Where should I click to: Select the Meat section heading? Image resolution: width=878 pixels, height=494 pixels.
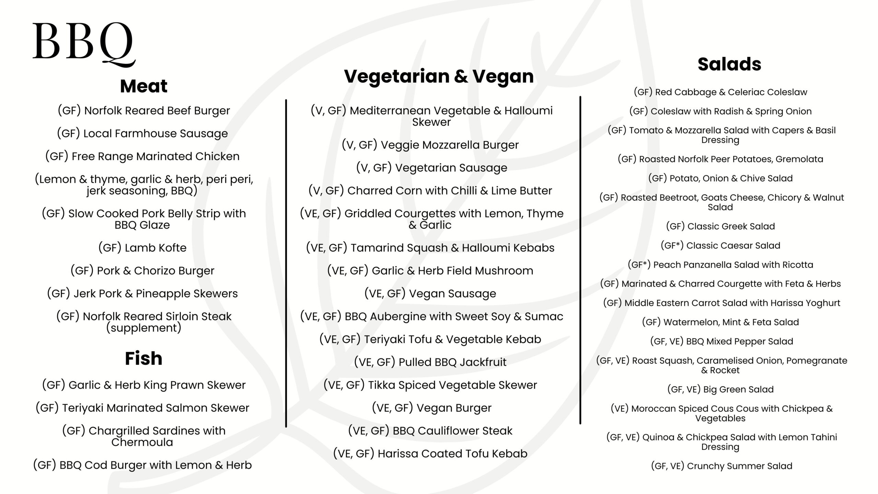[x=144, y=86]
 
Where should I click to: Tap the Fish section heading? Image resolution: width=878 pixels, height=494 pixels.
[x=144, y=358]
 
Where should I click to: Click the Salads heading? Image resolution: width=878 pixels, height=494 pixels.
[x=729, y=64]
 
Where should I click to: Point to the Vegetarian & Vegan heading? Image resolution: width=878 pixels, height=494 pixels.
[x=439, y=76]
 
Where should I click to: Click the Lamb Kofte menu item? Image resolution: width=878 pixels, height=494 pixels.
[x=142, y=248]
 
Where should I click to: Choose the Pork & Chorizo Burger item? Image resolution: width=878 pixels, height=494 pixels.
[x=142, y=271]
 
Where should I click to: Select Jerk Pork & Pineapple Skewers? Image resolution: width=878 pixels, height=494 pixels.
[x=142, y=294]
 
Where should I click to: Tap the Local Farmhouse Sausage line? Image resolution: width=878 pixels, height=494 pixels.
[x=142, y=133]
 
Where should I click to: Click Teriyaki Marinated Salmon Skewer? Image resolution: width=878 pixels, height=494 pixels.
[x=142, y=408]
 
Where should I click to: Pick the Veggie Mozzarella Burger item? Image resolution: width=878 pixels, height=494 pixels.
[x=430, y=145]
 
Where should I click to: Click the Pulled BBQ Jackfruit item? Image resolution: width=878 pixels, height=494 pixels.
[x=430, y=362]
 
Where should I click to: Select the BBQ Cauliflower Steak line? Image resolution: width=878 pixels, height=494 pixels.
[x=430, y=431]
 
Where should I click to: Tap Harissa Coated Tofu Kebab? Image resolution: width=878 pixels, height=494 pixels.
[x=430, y=454]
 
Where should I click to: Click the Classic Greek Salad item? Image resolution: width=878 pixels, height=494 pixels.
[x=720, y=226]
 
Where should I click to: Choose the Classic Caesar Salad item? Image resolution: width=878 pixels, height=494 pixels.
[x=720, y=246]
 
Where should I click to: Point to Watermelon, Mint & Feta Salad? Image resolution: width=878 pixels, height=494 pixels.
[x=720, y=322]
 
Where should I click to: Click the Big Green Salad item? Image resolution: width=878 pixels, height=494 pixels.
[x=720, y=389]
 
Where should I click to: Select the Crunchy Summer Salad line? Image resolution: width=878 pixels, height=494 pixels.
[x=722, y=466]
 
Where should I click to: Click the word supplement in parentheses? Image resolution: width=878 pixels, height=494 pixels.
[x=144, y=328]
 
